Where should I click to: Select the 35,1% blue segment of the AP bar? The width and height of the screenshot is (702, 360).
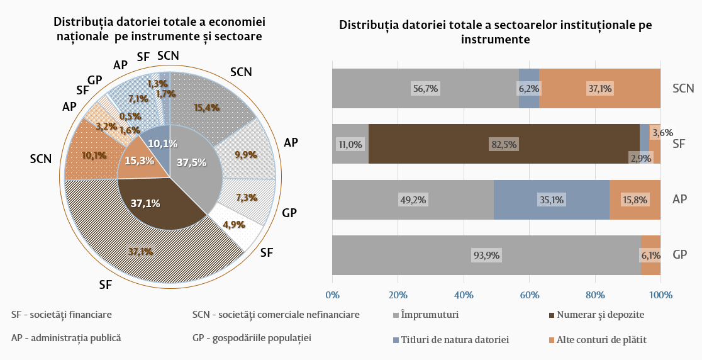551,200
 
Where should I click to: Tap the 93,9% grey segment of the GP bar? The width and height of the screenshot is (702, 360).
486,255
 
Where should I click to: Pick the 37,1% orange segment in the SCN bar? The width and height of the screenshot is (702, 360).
600,89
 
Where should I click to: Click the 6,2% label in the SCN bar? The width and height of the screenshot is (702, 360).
529,89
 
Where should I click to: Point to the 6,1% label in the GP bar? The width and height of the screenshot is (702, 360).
650,255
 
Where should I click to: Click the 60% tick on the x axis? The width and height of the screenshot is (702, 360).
529,295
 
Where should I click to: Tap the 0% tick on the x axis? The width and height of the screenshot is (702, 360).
332,295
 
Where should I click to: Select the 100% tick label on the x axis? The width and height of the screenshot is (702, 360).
660,295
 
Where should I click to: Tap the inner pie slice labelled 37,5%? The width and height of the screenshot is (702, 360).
192,162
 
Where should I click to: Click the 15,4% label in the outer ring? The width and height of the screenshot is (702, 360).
207,108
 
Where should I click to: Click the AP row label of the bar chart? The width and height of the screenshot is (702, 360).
679,200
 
